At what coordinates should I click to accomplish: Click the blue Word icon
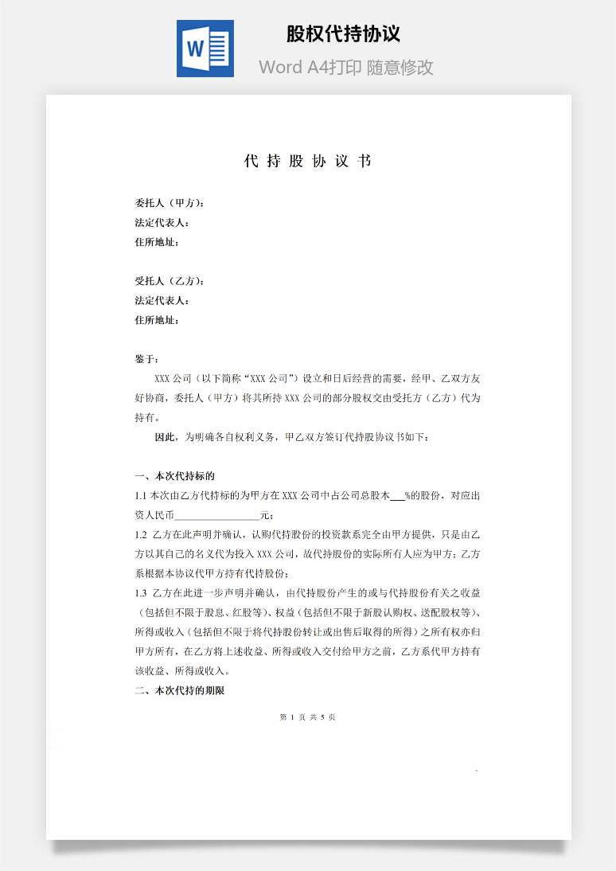click(205, 49)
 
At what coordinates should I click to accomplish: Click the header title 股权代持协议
click(343, 34)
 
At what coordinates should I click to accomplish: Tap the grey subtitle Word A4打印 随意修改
click(346, 68)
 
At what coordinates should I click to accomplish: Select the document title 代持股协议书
click(308, 162)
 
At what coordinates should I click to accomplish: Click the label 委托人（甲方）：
click(170, 203)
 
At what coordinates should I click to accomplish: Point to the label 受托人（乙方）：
click(170, 281)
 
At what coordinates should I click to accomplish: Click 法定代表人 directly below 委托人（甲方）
click(162, 223)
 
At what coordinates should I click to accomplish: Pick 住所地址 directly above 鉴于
click(157, 320)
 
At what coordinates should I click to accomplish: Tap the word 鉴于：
click(147, 359)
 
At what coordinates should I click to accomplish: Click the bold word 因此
click(166, 437)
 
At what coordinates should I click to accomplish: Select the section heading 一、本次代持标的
click(175, 476)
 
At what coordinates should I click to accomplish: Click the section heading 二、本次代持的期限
click(180, 691)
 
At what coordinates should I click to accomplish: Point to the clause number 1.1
click(142, 496)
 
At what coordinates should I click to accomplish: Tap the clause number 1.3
click(142, 593)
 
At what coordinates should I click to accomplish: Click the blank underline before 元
click(216, 516)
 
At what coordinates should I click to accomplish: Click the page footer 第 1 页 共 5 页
click(308, 717)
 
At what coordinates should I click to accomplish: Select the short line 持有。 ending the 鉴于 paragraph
click(147, 417)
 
